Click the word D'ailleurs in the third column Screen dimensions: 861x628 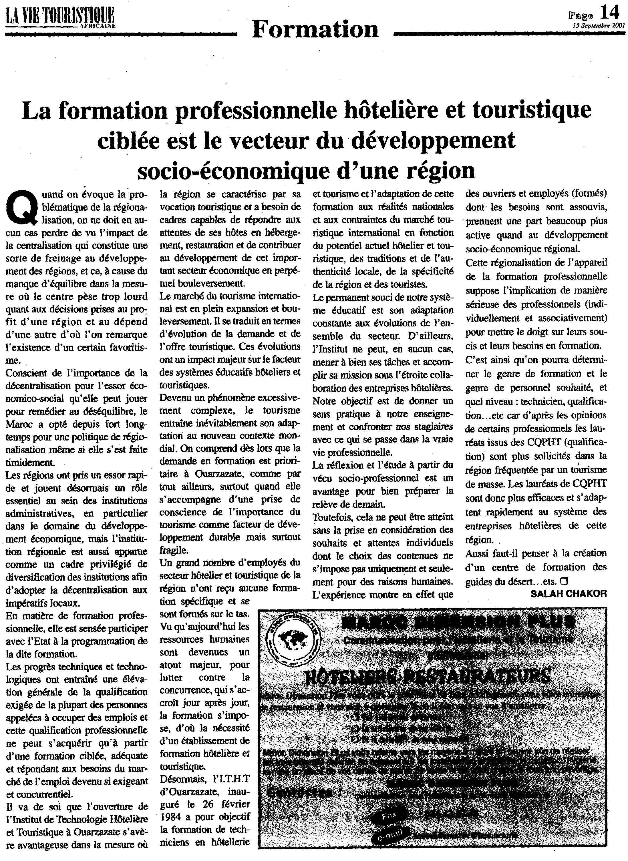[x=431, y=336]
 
